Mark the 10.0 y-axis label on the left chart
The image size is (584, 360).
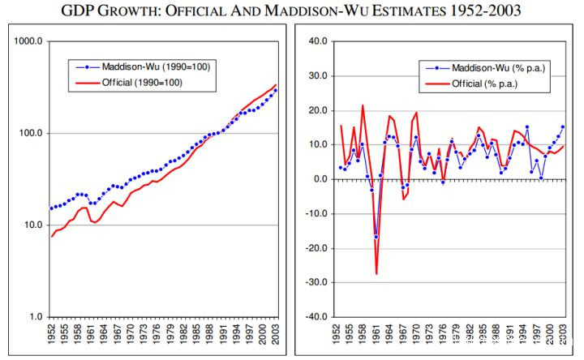[x=30, y=225]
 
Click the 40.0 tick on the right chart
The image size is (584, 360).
[x=316, y=41]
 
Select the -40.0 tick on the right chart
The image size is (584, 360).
[x=315, y=317]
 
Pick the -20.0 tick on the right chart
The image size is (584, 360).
[x=315, y=248]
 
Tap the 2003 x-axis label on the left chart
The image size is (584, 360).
[x=276, y=335]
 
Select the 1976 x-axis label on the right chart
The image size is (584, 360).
[x=443, y=335]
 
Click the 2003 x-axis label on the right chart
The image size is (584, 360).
[x=562, y=335]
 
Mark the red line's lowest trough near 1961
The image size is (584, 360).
[x=376, y=274]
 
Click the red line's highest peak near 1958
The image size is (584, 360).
[x=363, y=105]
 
